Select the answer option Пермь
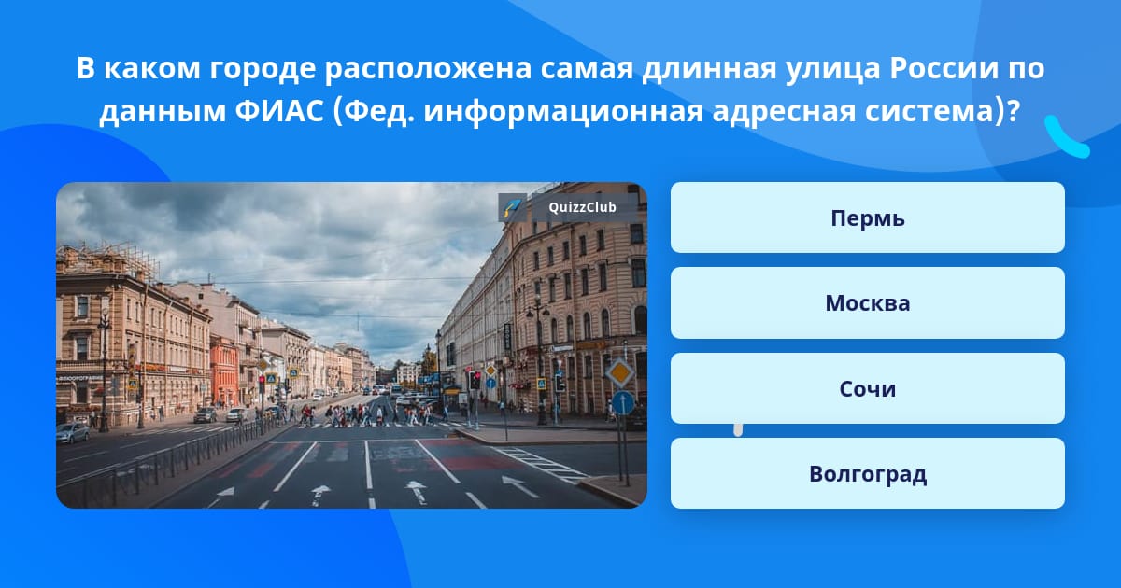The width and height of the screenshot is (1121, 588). [x=867, y=217]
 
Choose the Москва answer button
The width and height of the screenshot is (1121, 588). [x=867, y=303]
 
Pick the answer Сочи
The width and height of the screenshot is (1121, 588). [x=867, y=388]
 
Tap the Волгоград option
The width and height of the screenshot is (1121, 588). [x=867, y=473]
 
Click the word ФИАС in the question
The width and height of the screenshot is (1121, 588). [x=279, y=111]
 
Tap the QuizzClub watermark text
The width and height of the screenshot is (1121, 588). [x=582, y=207]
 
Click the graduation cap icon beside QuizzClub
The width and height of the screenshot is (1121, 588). [x=512, y=207]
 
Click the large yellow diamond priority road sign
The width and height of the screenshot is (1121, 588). [x=620, y=372]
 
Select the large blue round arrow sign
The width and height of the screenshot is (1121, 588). [x=623, y=402]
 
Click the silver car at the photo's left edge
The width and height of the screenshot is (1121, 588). [x=73, y=433]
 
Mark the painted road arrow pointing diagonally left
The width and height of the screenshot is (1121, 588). [x=519, y=485]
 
